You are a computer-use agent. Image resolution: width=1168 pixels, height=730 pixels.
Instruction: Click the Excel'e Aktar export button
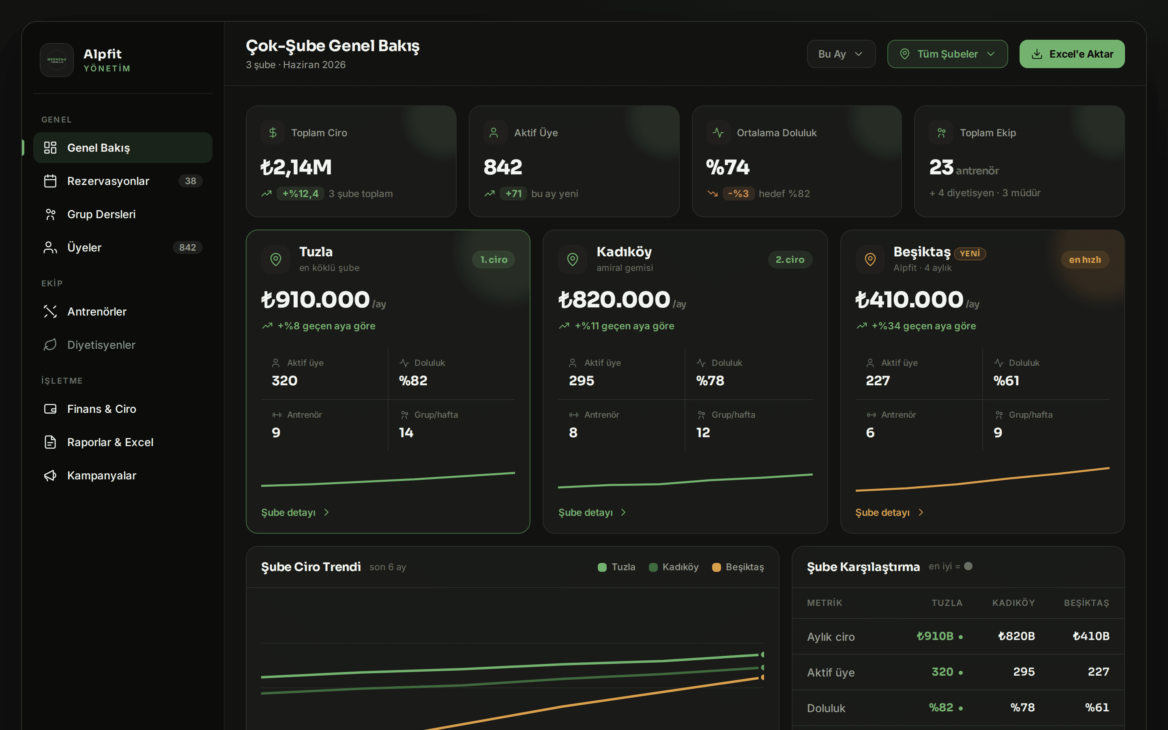1072,54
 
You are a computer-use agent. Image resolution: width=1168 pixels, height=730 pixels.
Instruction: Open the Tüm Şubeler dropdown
947,54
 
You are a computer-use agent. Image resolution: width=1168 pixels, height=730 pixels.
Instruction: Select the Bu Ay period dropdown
841,54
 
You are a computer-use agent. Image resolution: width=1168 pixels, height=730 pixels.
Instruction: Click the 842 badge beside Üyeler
187,248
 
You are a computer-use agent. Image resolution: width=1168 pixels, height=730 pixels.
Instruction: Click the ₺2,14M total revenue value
296,167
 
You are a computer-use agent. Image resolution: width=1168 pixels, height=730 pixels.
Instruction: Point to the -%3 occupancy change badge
739,193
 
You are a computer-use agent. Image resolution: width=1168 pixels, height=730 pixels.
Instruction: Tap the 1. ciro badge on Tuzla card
494,260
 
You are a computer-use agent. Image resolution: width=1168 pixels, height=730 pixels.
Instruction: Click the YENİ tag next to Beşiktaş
970,253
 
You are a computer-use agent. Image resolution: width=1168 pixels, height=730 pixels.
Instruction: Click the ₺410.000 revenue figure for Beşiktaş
909,299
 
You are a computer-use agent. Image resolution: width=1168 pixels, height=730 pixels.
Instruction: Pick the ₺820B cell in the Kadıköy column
1016,636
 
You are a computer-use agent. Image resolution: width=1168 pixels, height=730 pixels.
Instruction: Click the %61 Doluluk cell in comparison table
1097,708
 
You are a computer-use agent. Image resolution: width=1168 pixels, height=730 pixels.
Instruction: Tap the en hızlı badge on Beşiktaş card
1085,260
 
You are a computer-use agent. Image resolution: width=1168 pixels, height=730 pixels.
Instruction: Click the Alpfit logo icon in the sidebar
57,60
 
